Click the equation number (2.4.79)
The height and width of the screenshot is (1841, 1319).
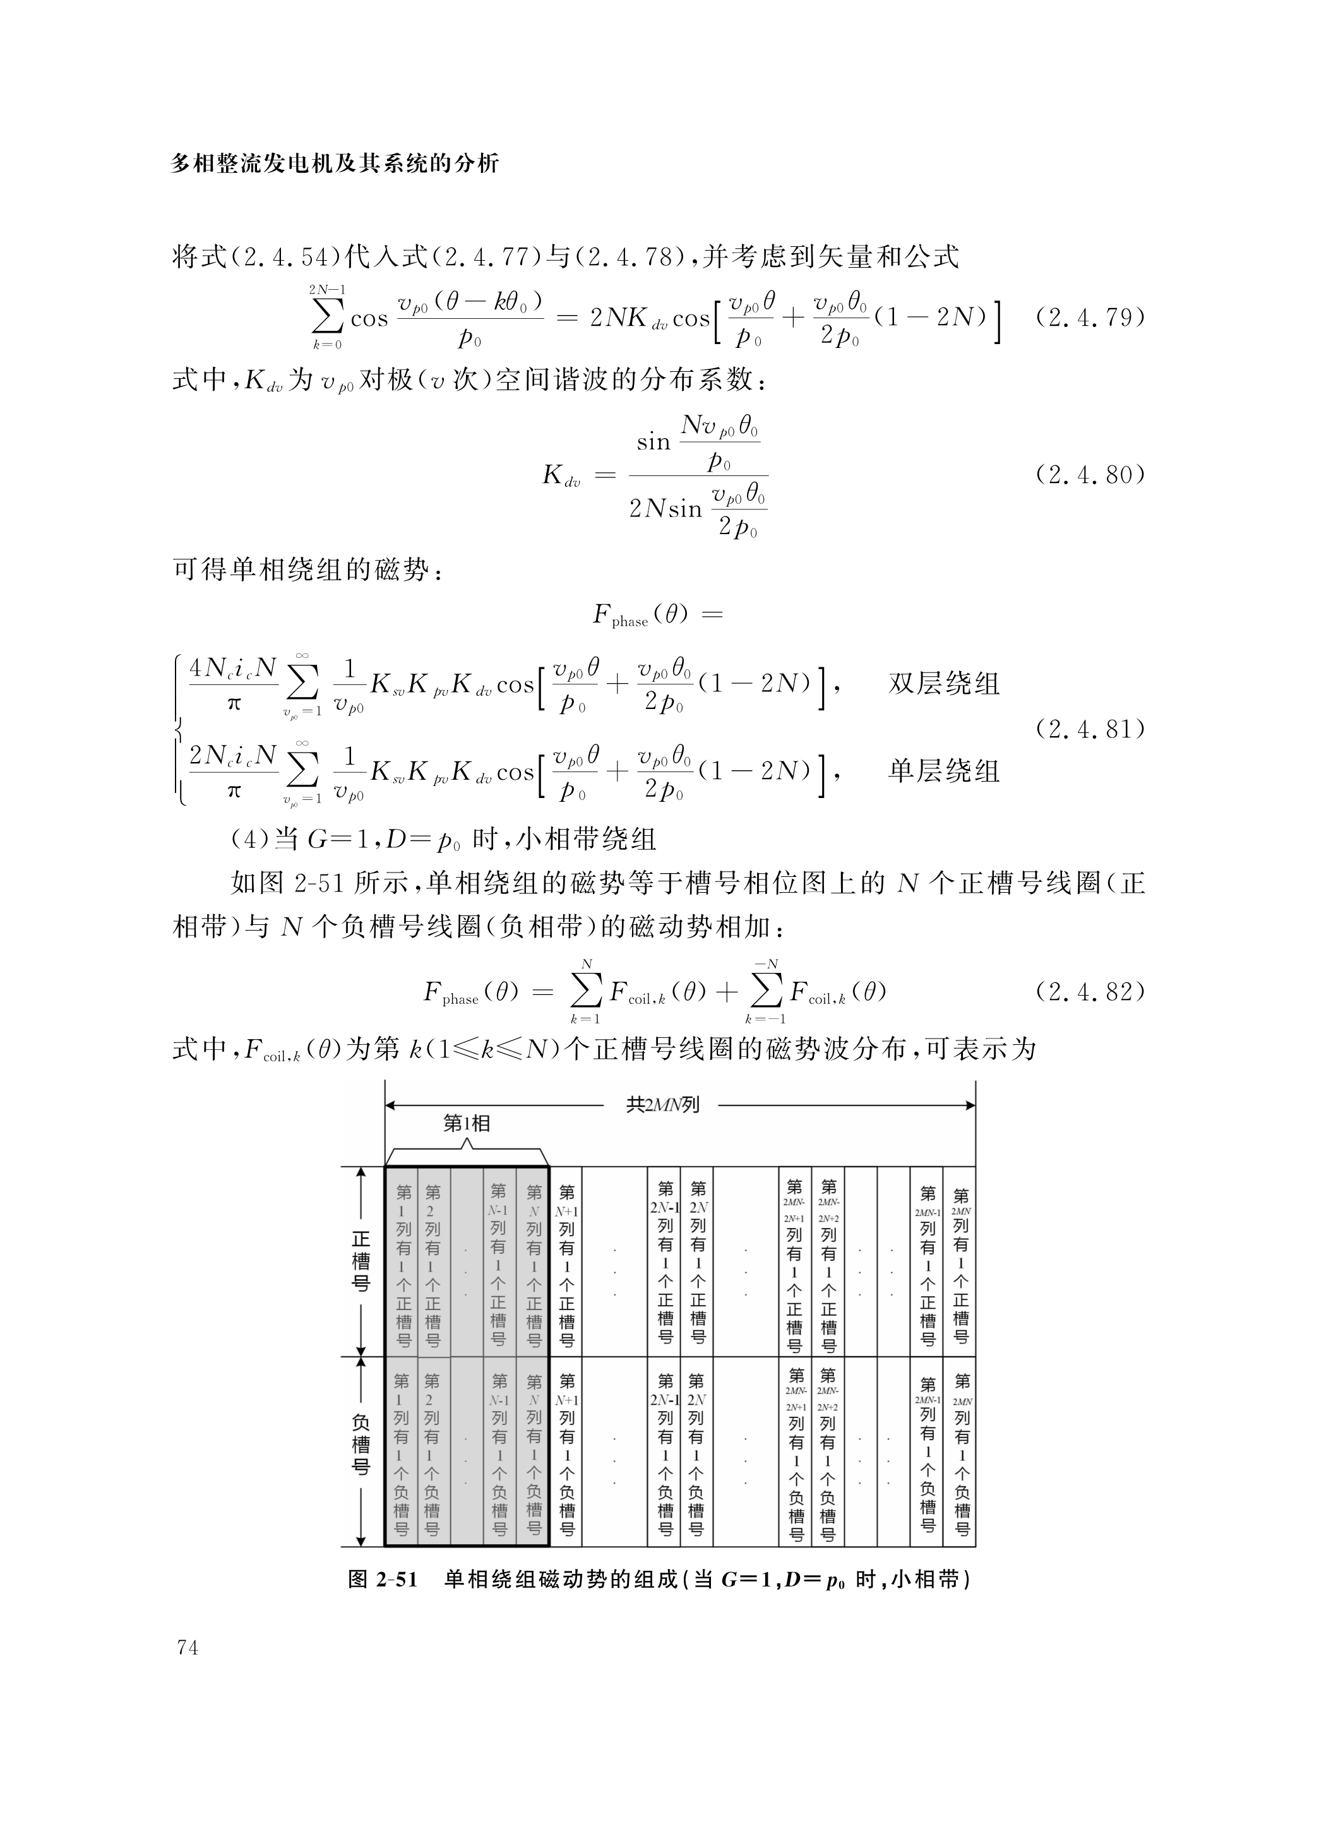1089,318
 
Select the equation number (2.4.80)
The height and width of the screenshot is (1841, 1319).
1089,474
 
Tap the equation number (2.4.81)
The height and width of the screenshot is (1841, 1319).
1089,729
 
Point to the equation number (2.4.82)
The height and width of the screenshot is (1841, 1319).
1089,992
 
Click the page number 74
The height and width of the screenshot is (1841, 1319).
187,1648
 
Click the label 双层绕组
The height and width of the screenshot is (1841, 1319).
943,684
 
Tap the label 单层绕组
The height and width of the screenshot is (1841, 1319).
943,770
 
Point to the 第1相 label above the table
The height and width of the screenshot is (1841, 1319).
466,1123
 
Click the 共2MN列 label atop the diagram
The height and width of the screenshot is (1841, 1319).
662,1105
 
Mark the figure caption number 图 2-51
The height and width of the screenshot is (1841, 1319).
382,1579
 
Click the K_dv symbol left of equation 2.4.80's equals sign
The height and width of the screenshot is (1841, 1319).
561,475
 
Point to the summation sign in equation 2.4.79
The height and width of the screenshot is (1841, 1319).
327,318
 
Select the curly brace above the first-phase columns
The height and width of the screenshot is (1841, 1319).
466,1153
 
